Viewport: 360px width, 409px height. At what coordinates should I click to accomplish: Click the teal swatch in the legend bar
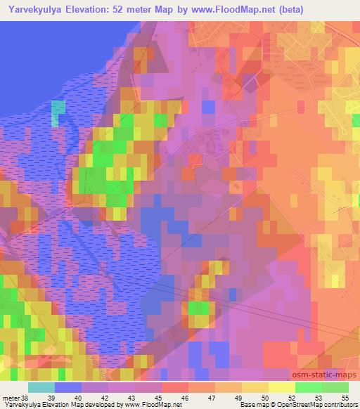click(41, 387)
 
